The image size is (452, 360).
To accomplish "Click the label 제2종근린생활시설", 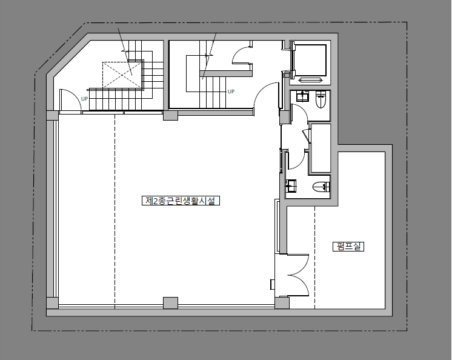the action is click(x=181, y=201).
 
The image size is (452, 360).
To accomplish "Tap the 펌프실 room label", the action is click(x=348, y=247).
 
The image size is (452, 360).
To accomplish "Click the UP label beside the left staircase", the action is click(x=84, y=99).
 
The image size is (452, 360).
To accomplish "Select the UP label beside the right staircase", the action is click(x=231, y=92).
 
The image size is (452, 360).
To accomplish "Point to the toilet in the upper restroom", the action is click(x=321, y=99).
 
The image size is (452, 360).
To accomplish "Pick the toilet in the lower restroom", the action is click(x=321, y=187).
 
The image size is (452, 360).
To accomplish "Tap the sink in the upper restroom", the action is click(x=303, y=96).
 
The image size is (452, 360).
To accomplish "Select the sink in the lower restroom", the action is click(x=291, y=185).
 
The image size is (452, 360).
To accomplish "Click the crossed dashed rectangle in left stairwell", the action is click(x=123, y=75).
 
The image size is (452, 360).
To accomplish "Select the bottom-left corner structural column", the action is click(x=53, y=302).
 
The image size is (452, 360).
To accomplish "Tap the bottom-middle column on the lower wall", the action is click(x=170, y=303).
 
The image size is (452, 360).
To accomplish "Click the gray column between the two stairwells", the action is click(x=170, y=115).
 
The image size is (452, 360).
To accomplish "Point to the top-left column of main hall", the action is click(x=53, y=115).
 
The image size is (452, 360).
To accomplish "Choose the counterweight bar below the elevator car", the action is click(x=310, y=80).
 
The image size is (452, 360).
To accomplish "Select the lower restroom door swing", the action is click(x=296, y=159).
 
